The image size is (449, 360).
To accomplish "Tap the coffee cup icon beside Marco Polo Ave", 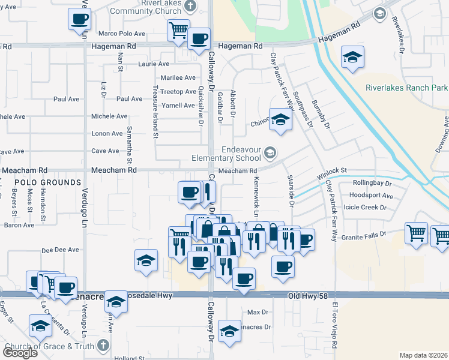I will click(x=79, y=19).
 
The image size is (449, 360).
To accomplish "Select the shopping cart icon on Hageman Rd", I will click(x=178, y=30).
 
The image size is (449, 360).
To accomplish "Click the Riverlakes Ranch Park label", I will click(x=406, y=88).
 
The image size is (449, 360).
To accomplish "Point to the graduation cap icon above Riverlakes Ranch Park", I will click(x=352, y=57).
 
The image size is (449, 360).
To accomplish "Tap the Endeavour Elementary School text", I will click(x=227, y=154).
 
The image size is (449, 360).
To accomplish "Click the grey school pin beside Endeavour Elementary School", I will click(x=270, y=154).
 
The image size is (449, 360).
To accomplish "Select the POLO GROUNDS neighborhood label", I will click(x=47, y=182).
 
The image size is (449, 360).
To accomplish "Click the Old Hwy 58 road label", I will click(x=309, y=296).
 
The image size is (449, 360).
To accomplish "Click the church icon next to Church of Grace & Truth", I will click(x=103, y=346).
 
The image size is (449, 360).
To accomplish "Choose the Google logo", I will click(x=20, y=353).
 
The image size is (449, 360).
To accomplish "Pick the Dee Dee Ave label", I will click(x=60, y=250).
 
